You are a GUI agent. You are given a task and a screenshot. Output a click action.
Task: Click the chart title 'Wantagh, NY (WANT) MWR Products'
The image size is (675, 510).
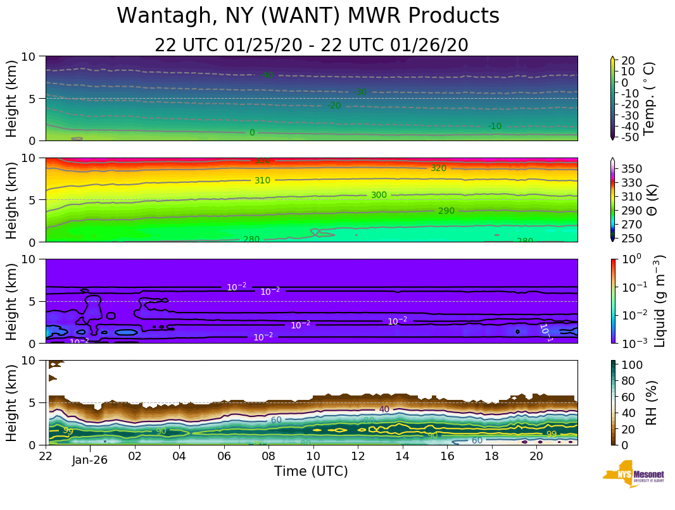point(308,16)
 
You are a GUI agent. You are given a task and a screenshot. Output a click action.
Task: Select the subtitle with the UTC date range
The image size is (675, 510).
point(311,46)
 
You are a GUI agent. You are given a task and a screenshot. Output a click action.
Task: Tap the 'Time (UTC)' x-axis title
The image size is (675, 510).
point(311,471)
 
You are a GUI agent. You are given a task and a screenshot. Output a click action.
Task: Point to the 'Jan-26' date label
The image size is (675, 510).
point(89,460)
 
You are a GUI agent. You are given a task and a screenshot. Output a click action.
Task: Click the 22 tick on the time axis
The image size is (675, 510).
point(46,456)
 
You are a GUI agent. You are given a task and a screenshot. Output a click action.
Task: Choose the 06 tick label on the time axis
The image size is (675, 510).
point(224,456)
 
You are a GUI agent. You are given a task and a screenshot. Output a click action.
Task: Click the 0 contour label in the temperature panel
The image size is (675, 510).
point(252,133)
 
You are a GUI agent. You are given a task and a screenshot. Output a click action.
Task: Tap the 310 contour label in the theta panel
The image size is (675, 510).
point(262,180)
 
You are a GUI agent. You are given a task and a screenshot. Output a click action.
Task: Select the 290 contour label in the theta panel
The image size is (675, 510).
point(446,211)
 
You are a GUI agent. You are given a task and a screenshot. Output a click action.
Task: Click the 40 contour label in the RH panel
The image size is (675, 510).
point(384,409)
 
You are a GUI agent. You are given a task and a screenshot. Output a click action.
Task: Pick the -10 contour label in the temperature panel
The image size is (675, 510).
point(495,127)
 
